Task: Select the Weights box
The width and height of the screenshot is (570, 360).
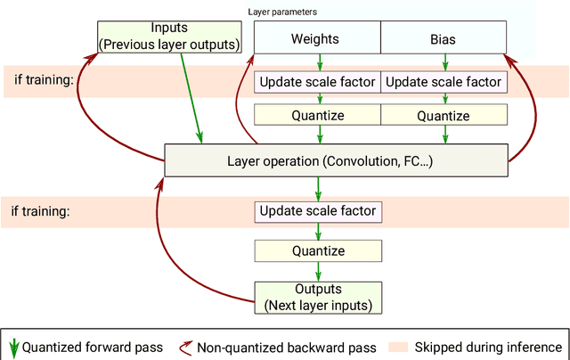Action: coord(317,39)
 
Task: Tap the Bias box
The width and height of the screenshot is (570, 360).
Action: coord(444,39)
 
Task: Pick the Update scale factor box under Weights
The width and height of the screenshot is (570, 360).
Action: coord(317,83)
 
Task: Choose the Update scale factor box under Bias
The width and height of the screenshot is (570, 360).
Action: coord(444,83)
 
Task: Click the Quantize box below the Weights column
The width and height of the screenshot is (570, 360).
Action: coord(317,116)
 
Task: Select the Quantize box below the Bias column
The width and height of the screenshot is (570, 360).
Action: coord(444,116)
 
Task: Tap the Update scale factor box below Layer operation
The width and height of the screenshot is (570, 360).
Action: coord(318,212)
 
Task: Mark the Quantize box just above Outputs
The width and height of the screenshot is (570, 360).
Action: coord(318,251)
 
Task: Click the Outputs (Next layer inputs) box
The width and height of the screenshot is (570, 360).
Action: coord(318,297)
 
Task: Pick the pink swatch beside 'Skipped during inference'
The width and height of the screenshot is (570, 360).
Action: coord(396,347)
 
